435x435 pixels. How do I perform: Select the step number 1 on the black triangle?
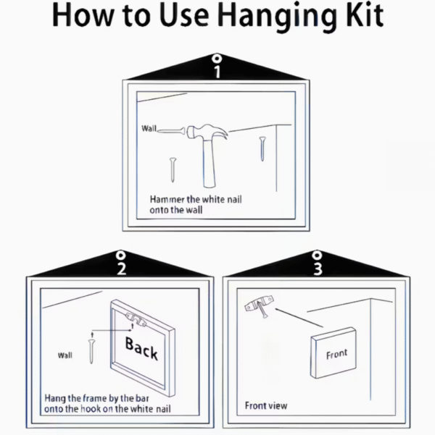217,72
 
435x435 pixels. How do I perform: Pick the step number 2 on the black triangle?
121,269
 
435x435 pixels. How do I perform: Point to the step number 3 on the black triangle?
318,268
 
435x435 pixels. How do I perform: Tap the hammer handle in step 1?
209,163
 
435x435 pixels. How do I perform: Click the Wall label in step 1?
149,128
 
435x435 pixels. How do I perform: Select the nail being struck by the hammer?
171,131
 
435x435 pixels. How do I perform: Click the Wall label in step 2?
65,355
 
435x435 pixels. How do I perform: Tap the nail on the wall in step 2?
91,351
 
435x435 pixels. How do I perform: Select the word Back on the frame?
141,348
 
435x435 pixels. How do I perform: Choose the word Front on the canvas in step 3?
336,354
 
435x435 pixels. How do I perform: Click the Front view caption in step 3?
266,405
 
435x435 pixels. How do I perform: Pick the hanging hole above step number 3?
317,255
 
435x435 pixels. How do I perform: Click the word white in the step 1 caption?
211,199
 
